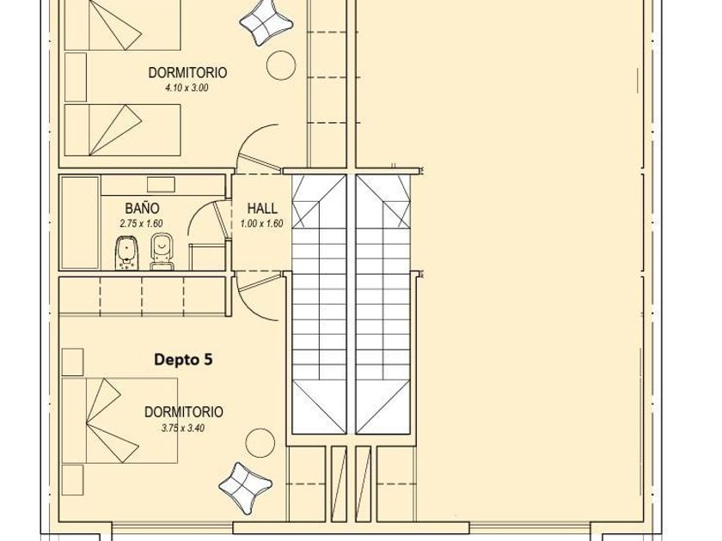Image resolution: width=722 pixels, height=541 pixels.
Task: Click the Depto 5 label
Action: click(x=183, y=359)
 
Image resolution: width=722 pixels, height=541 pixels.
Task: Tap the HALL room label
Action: click(x=262, y=209)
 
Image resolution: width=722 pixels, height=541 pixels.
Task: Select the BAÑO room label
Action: click(x=142, y=209)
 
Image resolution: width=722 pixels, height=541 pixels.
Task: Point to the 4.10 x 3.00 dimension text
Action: click(x=187, y=88)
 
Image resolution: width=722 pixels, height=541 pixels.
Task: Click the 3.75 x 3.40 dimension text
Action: click(x=183, y=429)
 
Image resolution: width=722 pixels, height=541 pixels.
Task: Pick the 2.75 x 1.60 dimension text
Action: click(x=141, y=224)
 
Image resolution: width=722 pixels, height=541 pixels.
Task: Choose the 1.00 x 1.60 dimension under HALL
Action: click(x=261, y=224)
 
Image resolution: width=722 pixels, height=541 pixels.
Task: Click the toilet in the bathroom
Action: click(x=162, y=251)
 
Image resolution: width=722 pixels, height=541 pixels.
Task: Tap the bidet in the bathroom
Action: click(x=125, y=253)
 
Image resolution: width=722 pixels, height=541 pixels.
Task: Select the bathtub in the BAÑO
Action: click(x=80, y=222)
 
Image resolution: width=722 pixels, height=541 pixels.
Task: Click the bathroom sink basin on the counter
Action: click(x=161, y=185)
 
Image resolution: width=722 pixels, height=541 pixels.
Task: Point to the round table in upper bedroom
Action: click(x=281, y=64)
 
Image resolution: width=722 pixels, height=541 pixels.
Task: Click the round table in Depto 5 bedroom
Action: click(x=260, y=442)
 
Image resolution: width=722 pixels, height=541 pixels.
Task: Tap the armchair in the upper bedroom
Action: click(x=266, y=22)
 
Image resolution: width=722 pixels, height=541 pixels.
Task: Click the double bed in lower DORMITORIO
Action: click(x=119, y=421)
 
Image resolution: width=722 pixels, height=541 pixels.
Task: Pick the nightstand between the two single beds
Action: click(x=76, y=76)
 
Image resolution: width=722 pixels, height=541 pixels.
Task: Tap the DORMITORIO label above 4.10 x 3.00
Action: click(x=187, y=73)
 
